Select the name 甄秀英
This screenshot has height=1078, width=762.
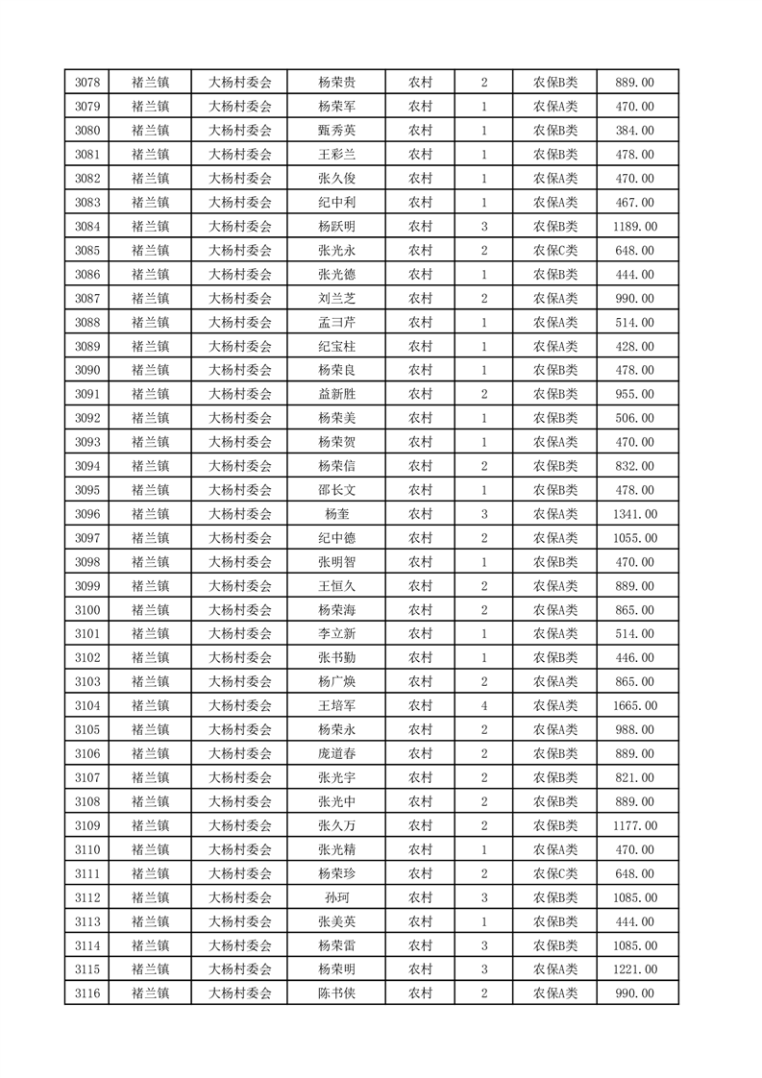337,131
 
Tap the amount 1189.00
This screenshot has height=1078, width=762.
634,227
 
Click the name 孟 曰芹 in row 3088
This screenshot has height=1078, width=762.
337,323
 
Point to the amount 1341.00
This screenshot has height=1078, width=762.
634,514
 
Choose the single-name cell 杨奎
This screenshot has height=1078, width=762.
337,514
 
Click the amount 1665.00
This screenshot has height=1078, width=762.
634,706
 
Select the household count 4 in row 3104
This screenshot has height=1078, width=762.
483,706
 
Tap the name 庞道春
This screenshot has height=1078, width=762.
337,754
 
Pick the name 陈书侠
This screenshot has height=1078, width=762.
337,993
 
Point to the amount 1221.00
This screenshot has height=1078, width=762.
634,969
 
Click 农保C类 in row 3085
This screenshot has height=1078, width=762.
555,251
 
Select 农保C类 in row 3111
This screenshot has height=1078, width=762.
555,874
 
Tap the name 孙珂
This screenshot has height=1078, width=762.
337,898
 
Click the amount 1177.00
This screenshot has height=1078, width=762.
634,826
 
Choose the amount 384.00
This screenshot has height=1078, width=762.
634,131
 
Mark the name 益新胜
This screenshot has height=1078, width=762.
337,394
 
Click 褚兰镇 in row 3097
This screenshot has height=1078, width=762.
151,538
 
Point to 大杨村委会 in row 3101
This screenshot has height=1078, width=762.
240,634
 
